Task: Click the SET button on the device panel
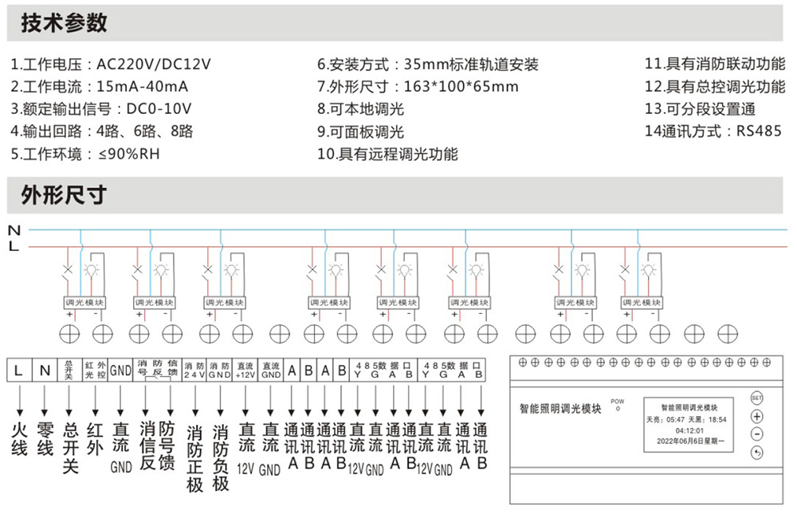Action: pyautogui.click(x=756, y=397)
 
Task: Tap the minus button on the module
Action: pyautogui.click(x=756, y=434)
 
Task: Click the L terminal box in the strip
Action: pyautogui.click(x=18, y=370)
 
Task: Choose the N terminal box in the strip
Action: pyautogui.click(x=45, y=370)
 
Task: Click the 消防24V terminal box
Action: pyautogui.click(x=194, y=369)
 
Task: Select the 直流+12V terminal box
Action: pyautogui.click(x=245, y=369)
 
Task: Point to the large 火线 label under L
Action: pyautogui.click(x=18, y=438)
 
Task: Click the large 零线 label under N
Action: pyautogui.click(x=45, y=438)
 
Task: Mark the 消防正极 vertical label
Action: pyautogui.click(x=194, y=458)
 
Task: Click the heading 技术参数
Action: pyautogui.click(x=64, y=23)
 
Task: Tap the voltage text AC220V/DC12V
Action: pyautogui.click(x=154, y=65)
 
